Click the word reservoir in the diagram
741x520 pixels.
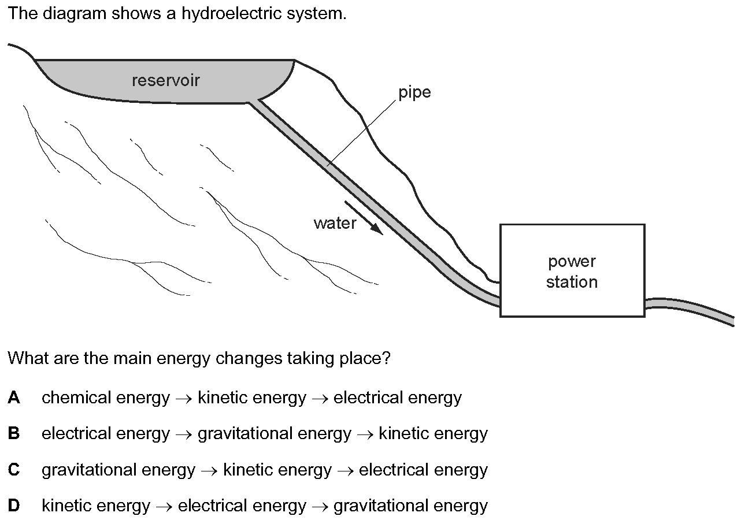coord(165,80)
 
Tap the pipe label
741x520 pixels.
coord(414,92)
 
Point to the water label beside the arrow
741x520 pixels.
coord(335,224)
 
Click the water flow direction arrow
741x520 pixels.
coord(364,218)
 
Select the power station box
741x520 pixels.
coord(572,270)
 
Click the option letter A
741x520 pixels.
coord(14,398)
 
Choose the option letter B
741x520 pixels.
coord(14,433)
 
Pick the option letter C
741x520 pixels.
coord(14,470)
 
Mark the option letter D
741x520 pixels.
coord(14,506)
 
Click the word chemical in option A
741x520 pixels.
coord(76,398)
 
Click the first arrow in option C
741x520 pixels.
coord(209,470)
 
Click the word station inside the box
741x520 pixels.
coord(572,282)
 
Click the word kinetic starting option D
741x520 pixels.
coord(66,506)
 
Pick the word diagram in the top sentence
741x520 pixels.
coord(75,14)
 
